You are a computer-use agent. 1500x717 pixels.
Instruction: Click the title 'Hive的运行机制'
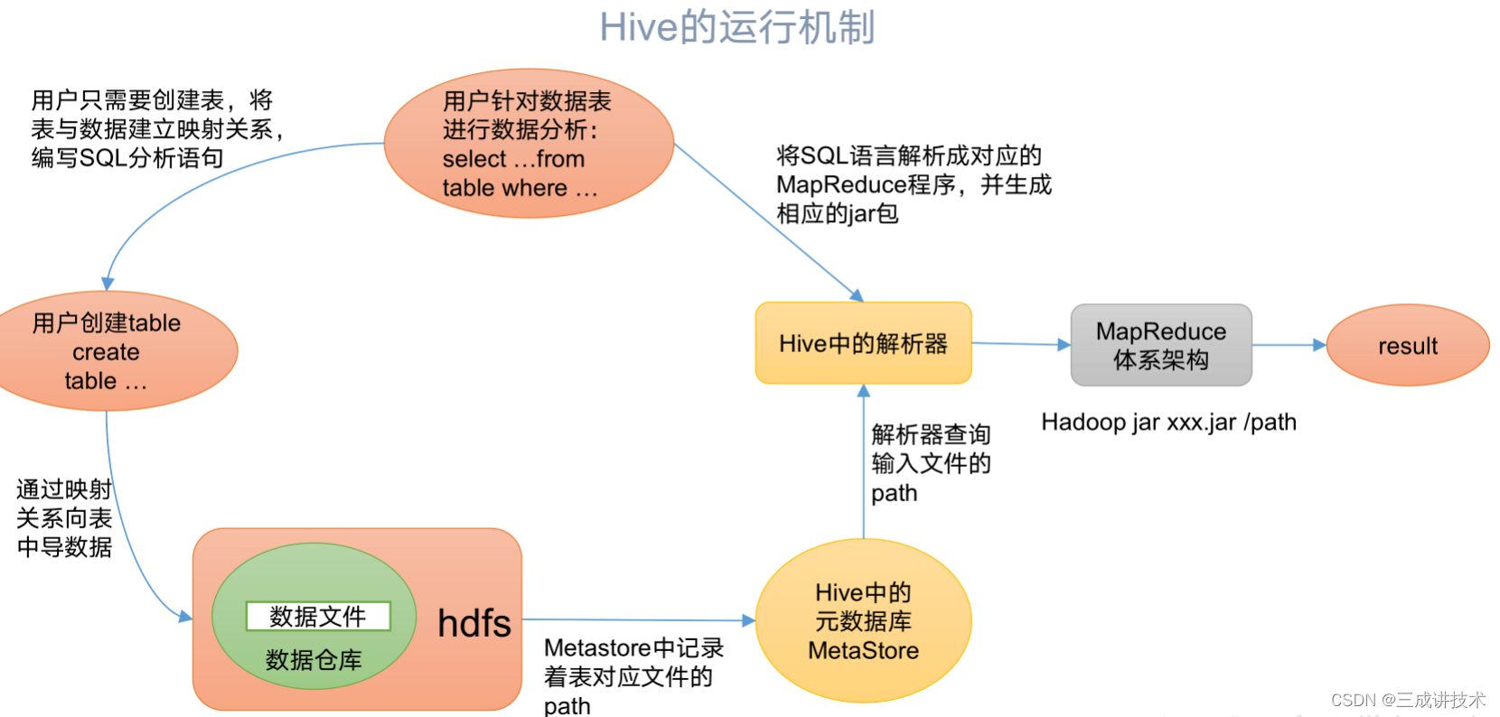736,27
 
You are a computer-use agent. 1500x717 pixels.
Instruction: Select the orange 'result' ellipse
1407,345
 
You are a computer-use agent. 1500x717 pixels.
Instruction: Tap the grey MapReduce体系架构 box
1160,345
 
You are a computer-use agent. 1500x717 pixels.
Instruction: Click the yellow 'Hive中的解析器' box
863,343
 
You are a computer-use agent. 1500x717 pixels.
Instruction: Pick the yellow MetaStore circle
863,621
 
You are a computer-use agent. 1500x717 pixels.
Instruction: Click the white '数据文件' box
318,616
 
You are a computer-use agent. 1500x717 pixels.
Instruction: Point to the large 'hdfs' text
473,623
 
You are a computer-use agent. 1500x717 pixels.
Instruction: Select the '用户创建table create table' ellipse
107,351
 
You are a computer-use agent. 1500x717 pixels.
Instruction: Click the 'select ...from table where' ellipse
529,144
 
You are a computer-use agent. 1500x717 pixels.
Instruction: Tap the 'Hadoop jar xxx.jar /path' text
1168,422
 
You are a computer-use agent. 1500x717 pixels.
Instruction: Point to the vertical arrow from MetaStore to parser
863,461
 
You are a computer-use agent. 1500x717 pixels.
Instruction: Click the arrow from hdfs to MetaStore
638,619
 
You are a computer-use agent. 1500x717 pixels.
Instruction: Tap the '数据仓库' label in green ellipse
314,660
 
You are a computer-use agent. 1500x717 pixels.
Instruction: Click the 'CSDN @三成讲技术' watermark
1407,700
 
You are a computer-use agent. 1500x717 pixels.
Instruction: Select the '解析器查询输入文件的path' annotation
931,463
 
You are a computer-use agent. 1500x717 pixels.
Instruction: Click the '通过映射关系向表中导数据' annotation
64,517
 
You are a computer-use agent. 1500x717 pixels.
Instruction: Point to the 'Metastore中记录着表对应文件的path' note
633,676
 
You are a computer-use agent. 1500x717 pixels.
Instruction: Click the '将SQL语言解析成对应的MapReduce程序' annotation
913,184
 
